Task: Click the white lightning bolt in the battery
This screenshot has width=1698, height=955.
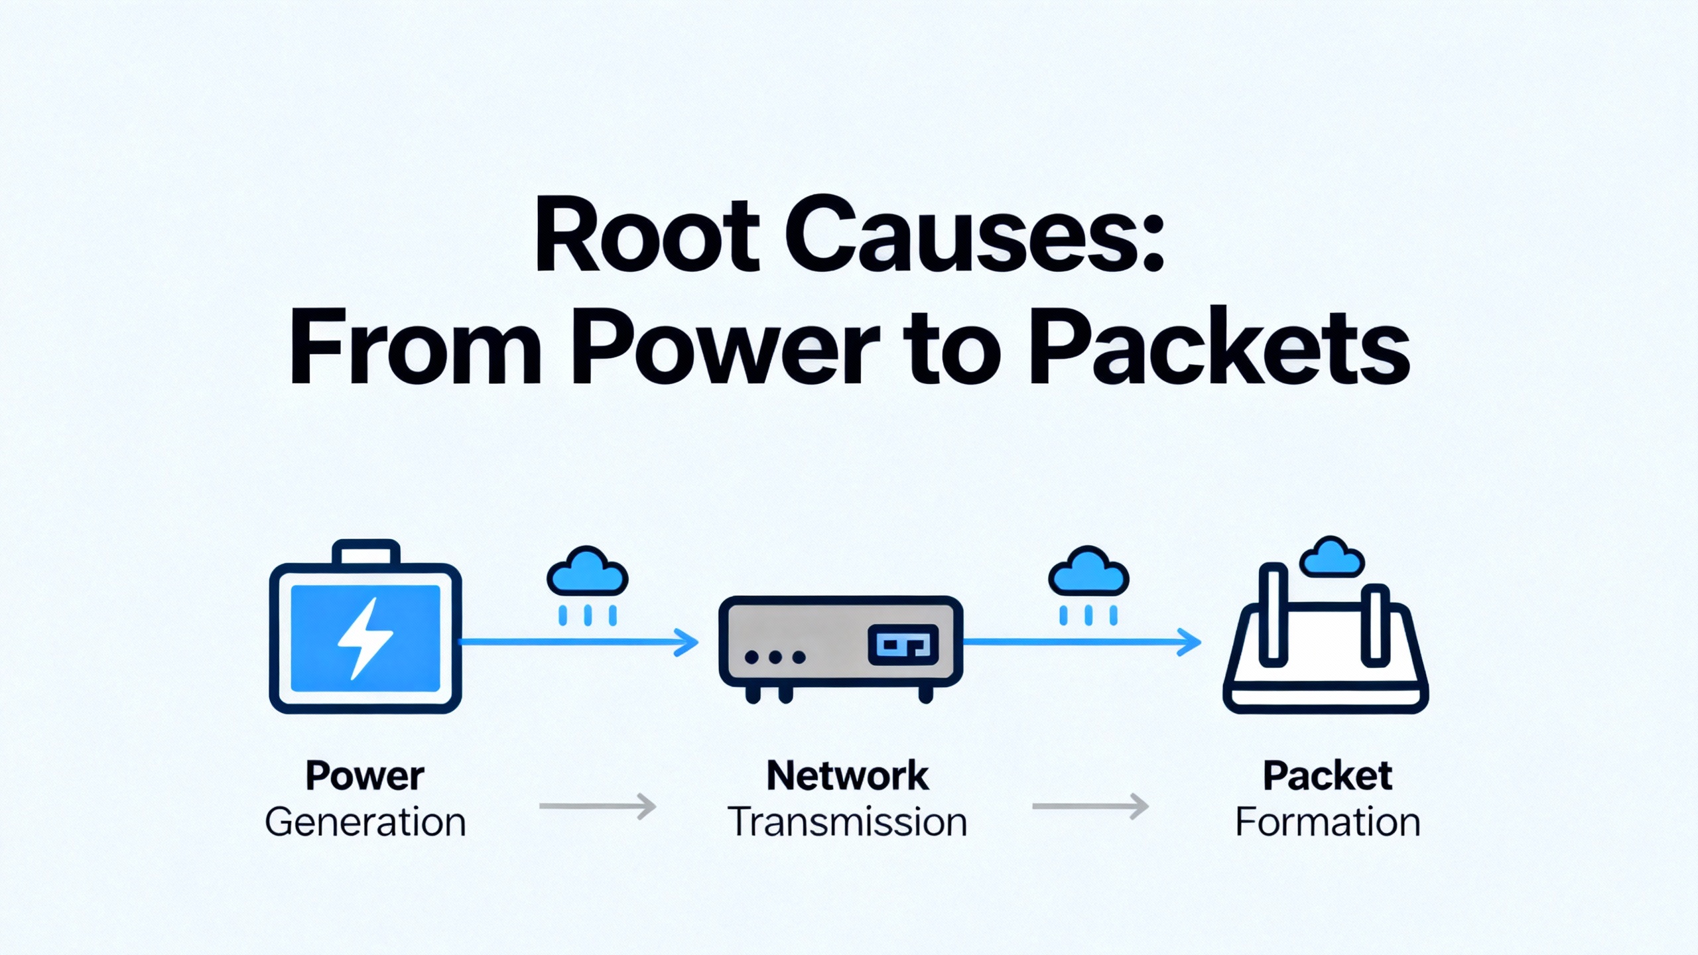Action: pyautogui.click(x=365, y=638)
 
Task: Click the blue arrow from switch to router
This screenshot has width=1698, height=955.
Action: pyautogui.click(x=1081, y=642)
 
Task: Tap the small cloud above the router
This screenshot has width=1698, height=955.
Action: pyautogui.click(x=1332, y=558)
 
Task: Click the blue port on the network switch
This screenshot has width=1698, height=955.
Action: pyautogui.click(x=903, y=644)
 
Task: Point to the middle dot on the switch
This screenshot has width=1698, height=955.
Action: pyautogui.click(x=775, y=657)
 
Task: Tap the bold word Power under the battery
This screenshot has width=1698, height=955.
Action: pyautogui.click(x=365, y=776)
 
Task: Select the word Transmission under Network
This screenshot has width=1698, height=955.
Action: pyautogui.click(x=848, y=822)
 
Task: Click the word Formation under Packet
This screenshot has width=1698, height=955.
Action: pyautogui.click(x=1327, y=822)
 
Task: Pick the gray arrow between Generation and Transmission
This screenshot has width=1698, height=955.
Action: pyautogui.click(x=597, y=806)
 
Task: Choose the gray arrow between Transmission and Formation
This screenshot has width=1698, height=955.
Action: pyautogui.click(x=1090, y=806)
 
